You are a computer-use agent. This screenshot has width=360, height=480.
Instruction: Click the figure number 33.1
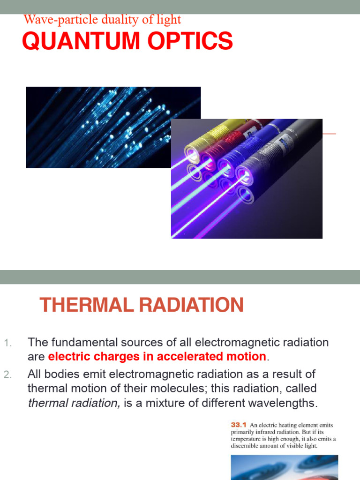tap(239, 425)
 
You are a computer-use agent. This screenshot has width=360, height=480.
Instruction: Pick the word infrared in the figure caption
tap(265, 432)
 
